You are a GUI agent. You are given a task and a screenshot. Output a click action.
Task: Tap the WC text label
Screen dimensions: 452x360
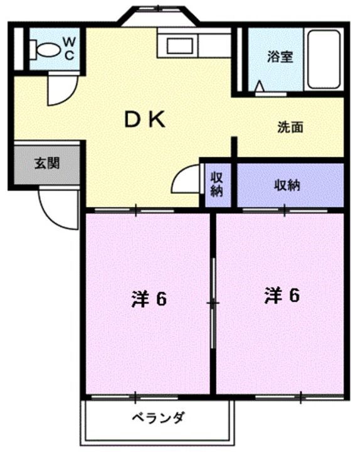(69, 48)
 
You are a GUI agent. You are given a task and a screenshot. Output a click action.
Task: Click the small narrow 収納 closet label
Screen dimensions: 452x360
(217, 185)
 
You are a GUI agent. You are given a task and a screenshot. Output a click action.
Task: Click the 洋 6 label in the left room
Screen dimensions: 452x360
(149, 299)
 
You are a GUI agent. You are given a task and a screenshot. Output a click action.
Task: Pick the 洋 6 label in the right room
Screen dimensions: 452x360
(280, 294)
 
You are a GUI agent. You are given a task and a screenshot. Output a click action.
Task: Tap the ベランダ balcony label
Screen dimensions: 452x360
(157, 417)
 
